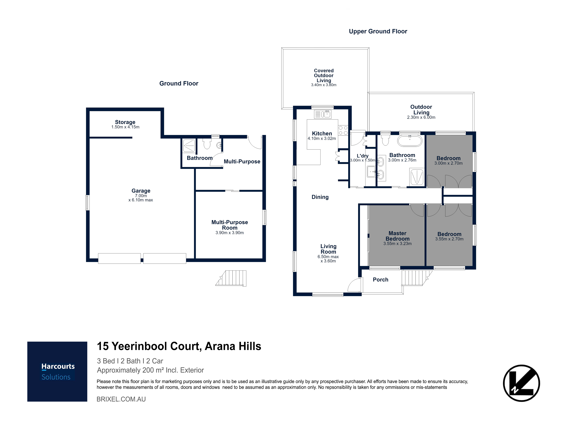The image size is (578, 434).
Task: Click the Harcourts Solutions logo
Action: (x=57, y=372)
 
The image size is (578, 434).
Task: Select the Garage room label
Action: (x=141, y=191)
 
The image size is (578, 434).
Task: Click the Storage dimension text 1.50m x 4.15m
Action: (x=125, y=127)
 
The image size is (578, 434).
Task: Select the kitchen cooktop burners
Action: (x=343, y=130)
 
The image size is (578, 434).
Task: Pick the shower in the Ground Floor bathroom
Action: (x=189, y=146)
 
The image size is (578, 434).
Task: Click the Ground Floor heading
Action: (x=179, y=83)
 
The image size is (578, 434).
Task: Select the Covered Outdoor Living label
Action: (x=324, y=76)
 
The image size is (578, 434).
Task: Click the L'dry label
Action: (x=363, y=156)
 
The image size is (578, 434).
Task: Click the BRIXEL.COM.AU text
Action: (x=121, y=399)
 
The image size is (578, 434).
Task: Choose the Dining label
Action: (x=320, y=197)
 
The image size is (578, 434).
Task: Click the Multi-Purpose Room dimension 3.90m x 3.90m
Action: (x=230, y=233)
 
